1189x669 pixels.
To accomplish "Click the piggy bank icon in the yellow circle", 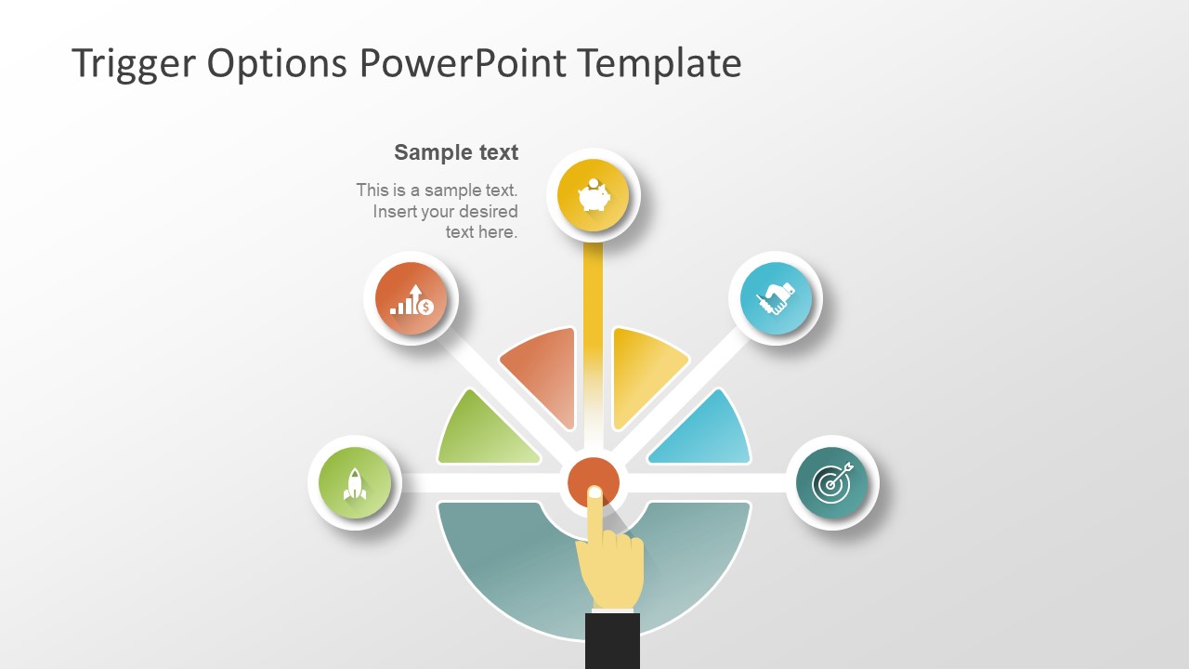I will click(594, 196).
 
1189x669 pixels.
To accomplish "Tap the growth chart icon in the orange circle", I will click(411, 298).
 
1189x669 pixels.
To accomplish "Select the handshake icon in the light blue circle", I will click(776, 298).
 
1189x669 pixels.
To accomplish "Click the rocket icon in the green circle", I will click(354, 483).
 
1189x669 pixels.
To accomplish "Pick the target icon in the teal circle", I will click(831, 483).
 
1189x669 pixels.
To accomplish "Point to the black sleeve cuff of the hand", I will click(612, 641).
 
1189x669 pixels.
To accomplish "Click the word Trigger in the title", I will click(132, 63).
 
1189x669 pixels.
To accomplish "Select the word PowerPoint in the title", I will click(462, 63).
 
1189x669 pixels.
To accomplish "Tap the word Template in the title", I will click(659, 63).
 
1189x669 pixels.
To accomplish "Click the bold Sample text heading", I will click(456, 152).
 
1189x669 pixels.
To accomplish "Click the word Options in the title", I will click(278, 63).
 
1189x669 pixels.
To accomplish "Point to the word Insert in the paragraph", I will click(393, 211).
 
